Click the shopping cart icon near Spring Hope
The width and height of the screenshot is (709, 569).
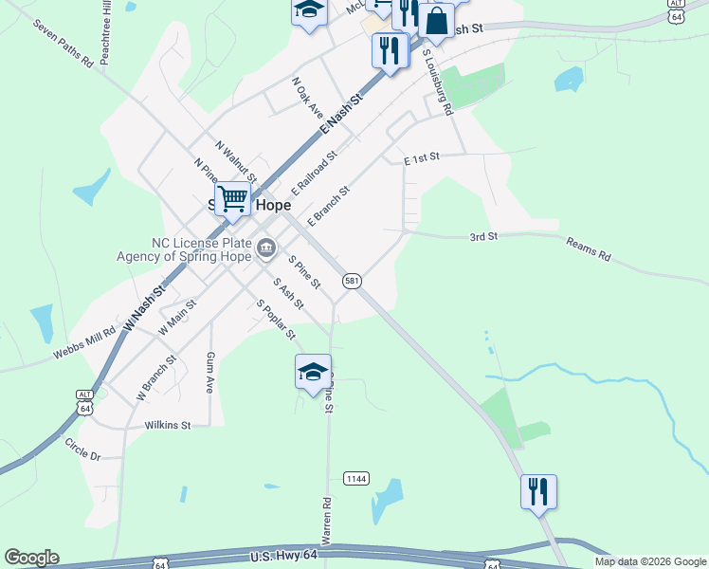232,199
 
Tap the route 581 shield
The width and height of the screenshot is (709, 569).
352,281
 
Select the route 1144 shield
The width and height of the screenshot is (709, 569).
356,478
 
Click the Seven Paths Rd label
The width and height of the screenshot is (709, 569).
62,44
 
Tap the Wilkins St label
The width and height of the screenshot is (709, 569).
168,425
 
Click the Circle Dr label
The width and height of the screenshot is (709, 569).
82,449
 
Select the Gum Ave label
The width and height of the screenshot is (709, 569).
210,372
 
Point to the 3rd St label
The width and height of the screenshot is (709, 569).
483,236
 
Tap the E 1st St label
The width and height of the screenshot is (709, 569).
423,160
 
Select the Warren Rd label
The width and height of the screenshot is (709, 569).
326,523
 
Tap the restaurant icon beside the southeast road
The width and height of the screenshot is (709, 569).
537,491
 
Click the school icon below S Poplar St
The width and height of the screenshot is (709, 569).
313,371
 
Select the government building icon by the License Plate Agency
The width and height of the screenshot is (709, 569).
266,249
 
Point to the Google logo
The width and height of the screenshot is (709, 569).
31,558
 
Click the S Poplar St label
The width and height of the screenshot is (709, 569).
276,320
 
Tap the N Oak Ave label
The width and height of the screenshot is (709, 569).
308,98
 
